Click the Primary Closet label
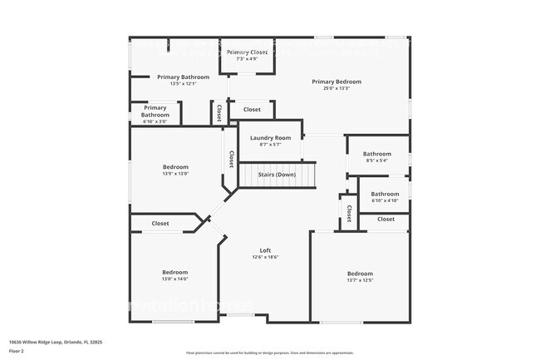pyautogui.click(x=248, y=52)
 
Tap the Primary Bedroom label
pyautogui.click(x=336, y=81)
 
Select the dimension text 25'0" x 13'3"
pyautogui.click(x=336, y=88)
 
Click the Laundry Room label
pyautogui.click(x=270, y=137)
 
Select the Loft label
pyautogui.click(x=266, y=250)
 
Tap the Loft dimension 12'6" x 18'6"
pyautogui.click(x=266, y=257)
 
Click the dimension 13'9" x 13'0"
pyautogui.click(x=175, y=174)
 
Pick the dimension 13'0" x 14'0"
pyautogui.click(x=175, y=279)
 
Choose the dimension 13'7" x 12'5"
pyautogui.click(x=360, y=280)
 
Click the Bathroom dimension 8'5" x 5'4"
pyautogui.click(x=376, y=160)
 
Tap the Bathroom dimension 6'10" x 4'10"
pyautogui.click(x=385, y=200)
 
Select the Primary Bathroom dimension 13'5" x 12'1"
pyautogui.click(x=183, y=83)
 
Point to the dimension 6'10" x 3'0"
pyautogui.click(x=155, y=121)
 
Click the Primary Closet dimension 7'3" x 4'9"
pyautogui.click(x=248, y=59)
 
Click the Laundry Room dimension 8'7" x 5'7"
pyautogui.click(x=270, y=144)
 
